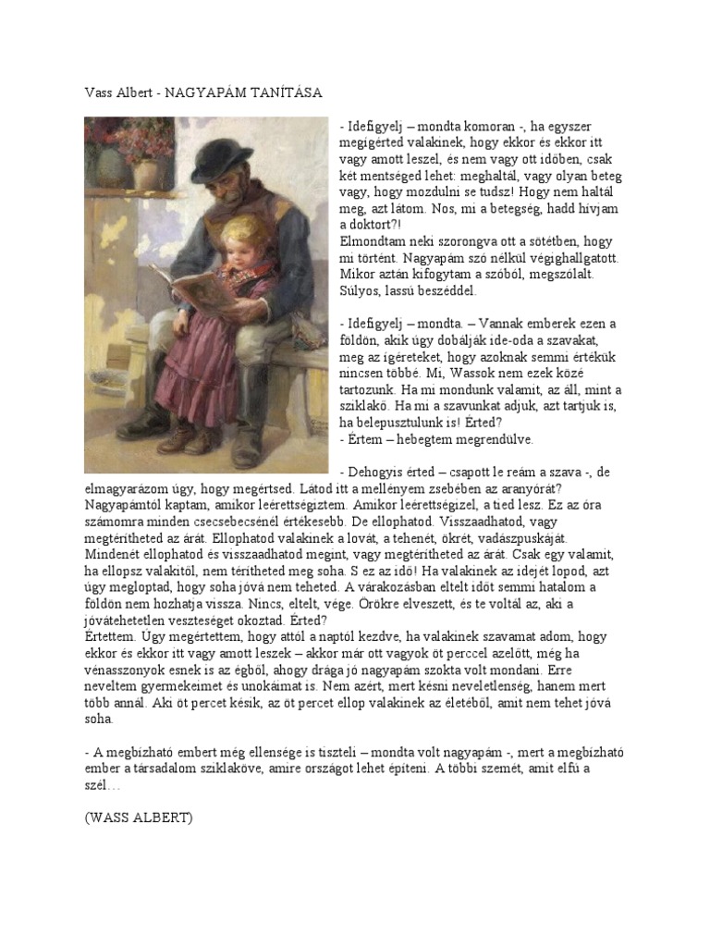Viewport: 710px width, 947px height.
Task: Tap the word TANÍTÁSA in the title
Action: (x=290, y=93)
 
